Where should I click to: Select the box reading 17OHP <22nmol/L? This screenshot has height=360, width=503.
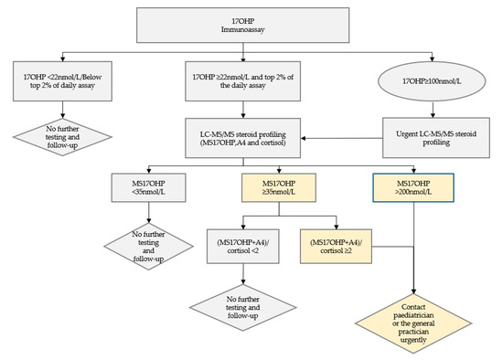[60, 76]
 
